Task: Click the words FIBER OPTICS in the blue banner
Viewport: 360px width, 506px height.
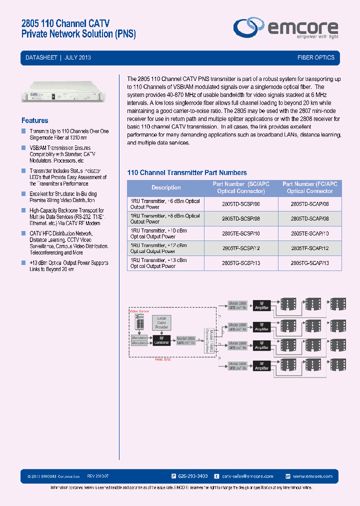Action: point(315,57)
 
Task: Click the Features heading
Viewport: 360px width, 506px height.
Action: point(35,120)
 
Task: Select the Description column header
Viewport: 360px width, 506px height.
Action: point(166,187)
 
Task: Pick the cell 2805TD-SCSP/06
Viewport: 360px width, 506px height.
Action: point(240,204)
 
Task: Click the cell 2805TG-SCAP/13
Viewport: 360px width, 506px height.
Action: point(310,263)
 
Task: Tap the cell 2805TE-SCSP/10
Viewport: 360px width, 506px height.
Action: point(240,233)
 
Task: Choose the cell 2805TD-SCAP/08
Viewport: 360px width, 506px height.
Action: point(310,219)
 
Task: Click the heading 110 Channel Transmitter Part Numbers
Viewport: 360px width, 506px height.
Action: point(187,172)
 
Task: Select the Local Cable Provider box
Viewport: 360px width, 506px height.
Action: point(161,322)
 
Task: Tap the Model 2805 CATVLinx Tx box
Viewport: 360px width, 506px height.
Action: point(185,340)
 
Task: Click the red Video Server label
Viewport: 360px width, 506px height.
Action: point(139,310)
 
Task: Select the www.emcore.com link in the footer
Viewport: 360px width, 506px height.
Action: point(312,476)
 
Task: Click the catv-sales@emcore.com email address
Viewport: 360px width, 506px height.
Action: point(247,476)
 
